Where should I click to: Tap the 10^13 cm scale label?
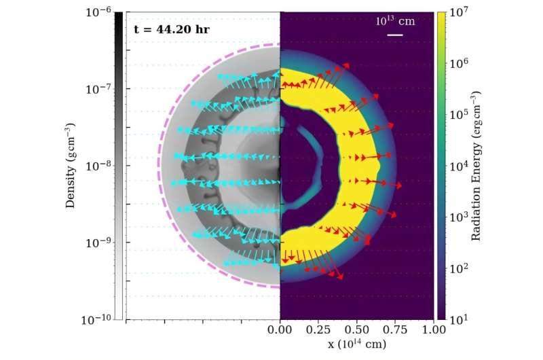(396, 21)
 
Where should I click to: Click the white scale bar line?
(395, 34)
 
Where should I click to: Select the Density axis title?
(71, 165)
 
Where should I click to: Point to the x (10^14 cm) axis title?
(357, 344)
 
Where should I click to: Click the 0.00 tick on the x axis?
(280, 331)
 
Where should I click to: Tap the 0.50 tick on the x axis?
(357, 331)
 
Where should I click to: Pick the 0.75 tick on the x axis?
(396, 331)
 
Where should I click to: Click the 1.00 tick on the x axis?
(434, 331)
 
